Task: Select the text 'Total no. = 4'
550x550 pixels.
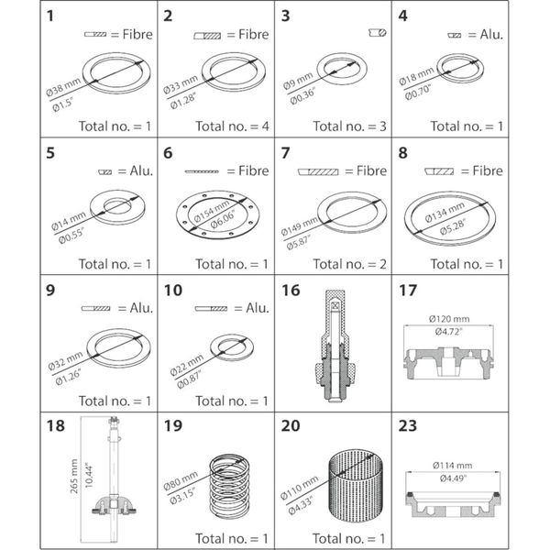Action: click(214, 126)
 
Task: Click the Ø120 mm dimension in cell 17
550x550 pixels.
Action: click(449, 318)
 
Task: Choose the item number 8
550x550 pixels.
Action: click(401, 153)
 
